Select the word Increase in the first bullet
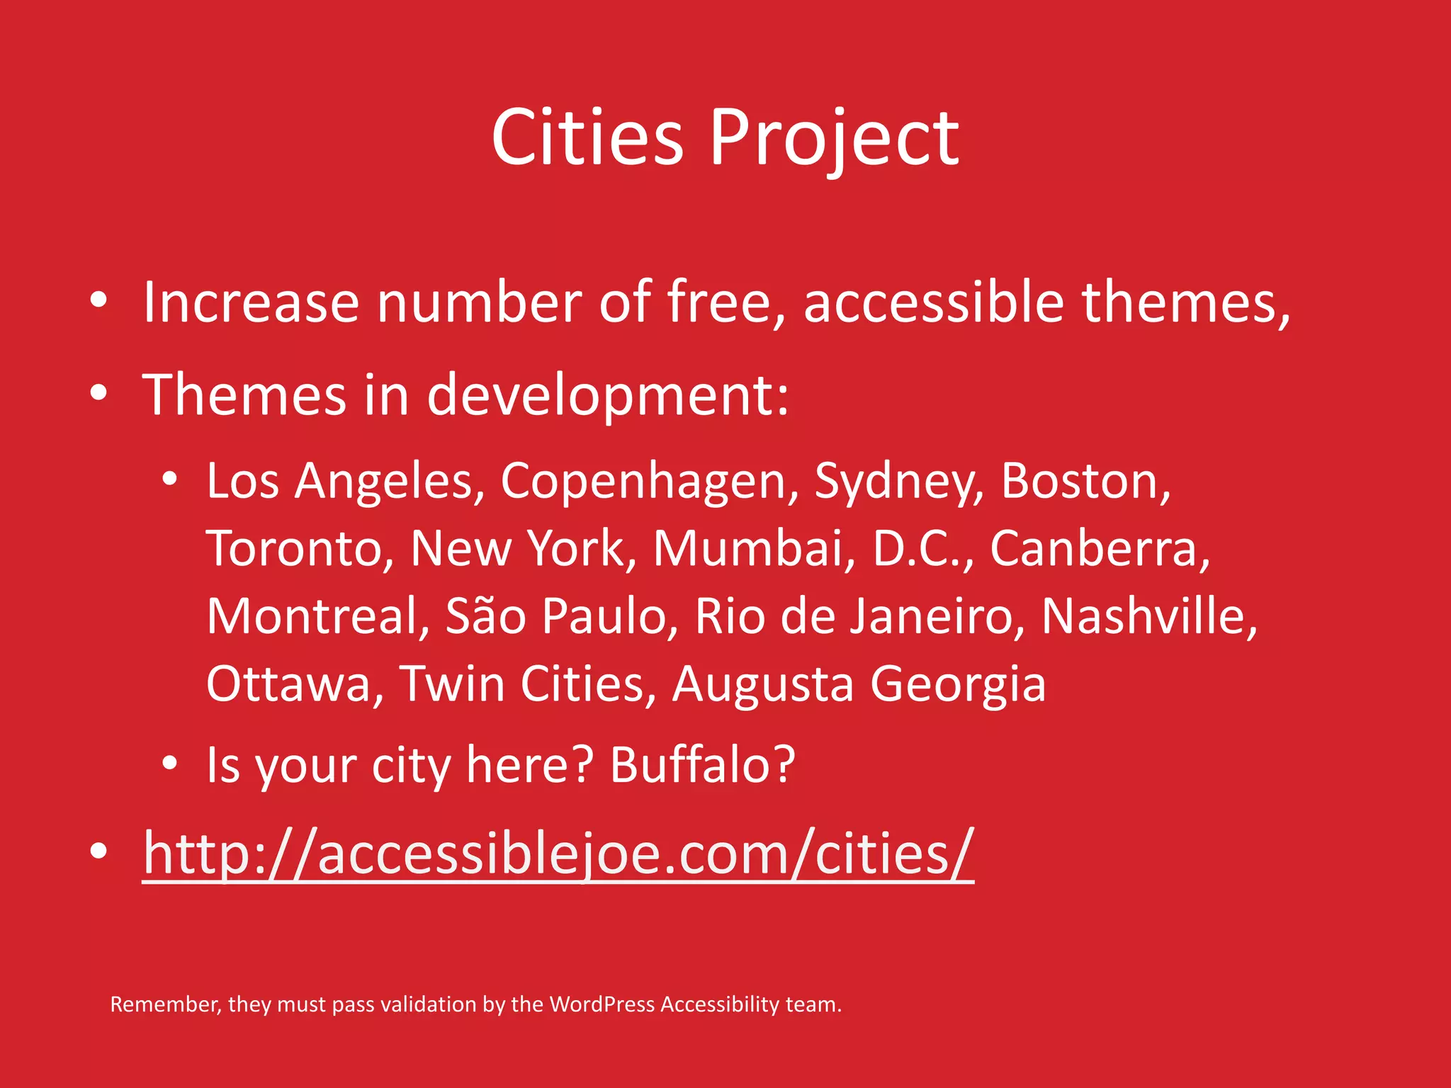coord(251,302)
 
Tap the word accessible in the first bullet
coord(933,302)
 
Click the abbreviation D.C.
coord(922,549)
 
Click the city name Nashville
coord(1148,616)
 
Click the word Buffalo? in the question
coord(702,766)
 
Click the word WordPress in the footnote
coord(602,1004)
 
